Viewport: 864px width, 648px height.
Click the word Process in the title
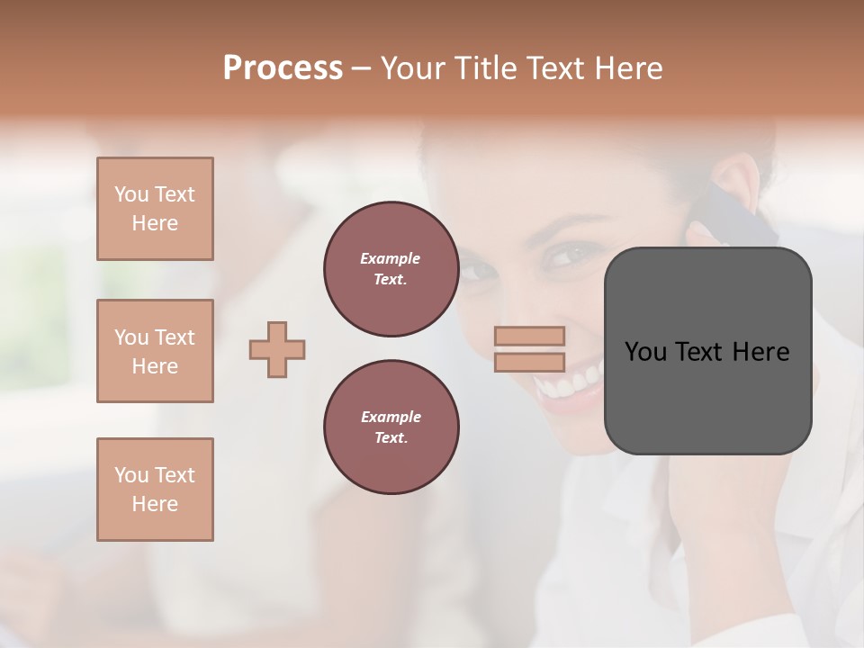(283, 68)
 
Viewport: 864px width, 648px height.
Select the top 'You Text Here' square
(155, 209)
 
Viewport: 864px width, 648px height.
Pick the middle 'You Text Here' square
(155, 351)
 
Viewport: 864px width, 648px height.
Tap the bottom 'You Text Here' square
(155, 490)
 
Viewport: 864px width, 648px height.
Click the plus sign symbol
(277, 349)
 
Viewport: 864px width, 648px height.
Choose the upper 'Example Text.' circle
(391, 269)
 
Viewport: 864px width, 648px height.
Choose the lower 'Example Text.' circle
(391, 427)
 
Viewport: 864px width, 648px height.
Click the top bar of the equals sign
(529, 336)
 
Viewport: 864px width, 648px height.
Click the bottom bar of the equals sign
(529, 362)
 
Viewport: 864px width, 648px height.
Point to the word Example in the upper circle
(391, 258)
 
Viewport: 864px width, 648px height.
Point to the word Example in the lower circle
(391, 417)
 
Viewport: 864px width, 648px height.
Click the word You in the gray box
(645, 352)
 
